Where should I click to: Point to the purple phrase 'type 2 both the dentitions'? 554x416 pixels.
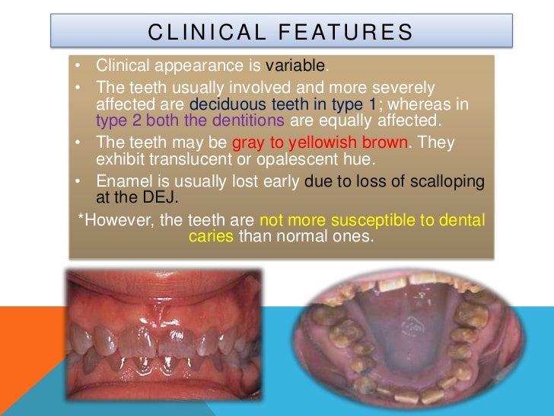[x=190, y=120]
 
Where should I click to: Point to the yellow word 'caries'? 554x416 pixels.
[x=211, y=236]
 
